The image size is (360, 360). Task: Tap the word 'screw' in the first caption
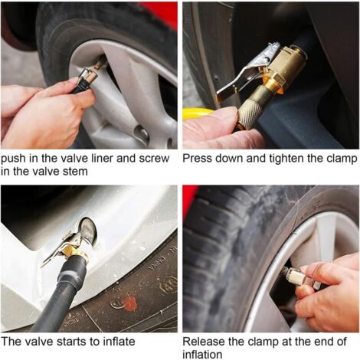click(x=154, y=159)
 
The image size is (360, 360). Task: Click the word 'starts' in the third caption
click(x=72, y=342)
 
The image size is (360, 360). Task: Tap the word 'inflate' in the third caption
click(x=119, y=342)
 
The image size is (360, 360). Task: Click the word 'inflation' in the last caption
click(x=202, y=355)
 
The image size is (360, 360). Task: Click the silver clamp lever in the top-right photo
click(x=240, y=76)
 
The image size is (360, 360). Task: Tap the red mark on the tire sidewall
click(x=130, y=304)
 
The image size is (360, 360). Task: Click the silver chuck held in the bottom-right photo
click(x=300, y=278)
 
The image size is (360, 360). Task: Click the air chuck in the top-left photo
click(x=87, y=79)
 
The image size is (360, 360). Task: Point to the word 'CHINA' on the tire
click(x=156, y=263)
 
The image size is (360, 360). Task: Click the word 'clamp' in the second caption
click(x=342, y=159)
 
